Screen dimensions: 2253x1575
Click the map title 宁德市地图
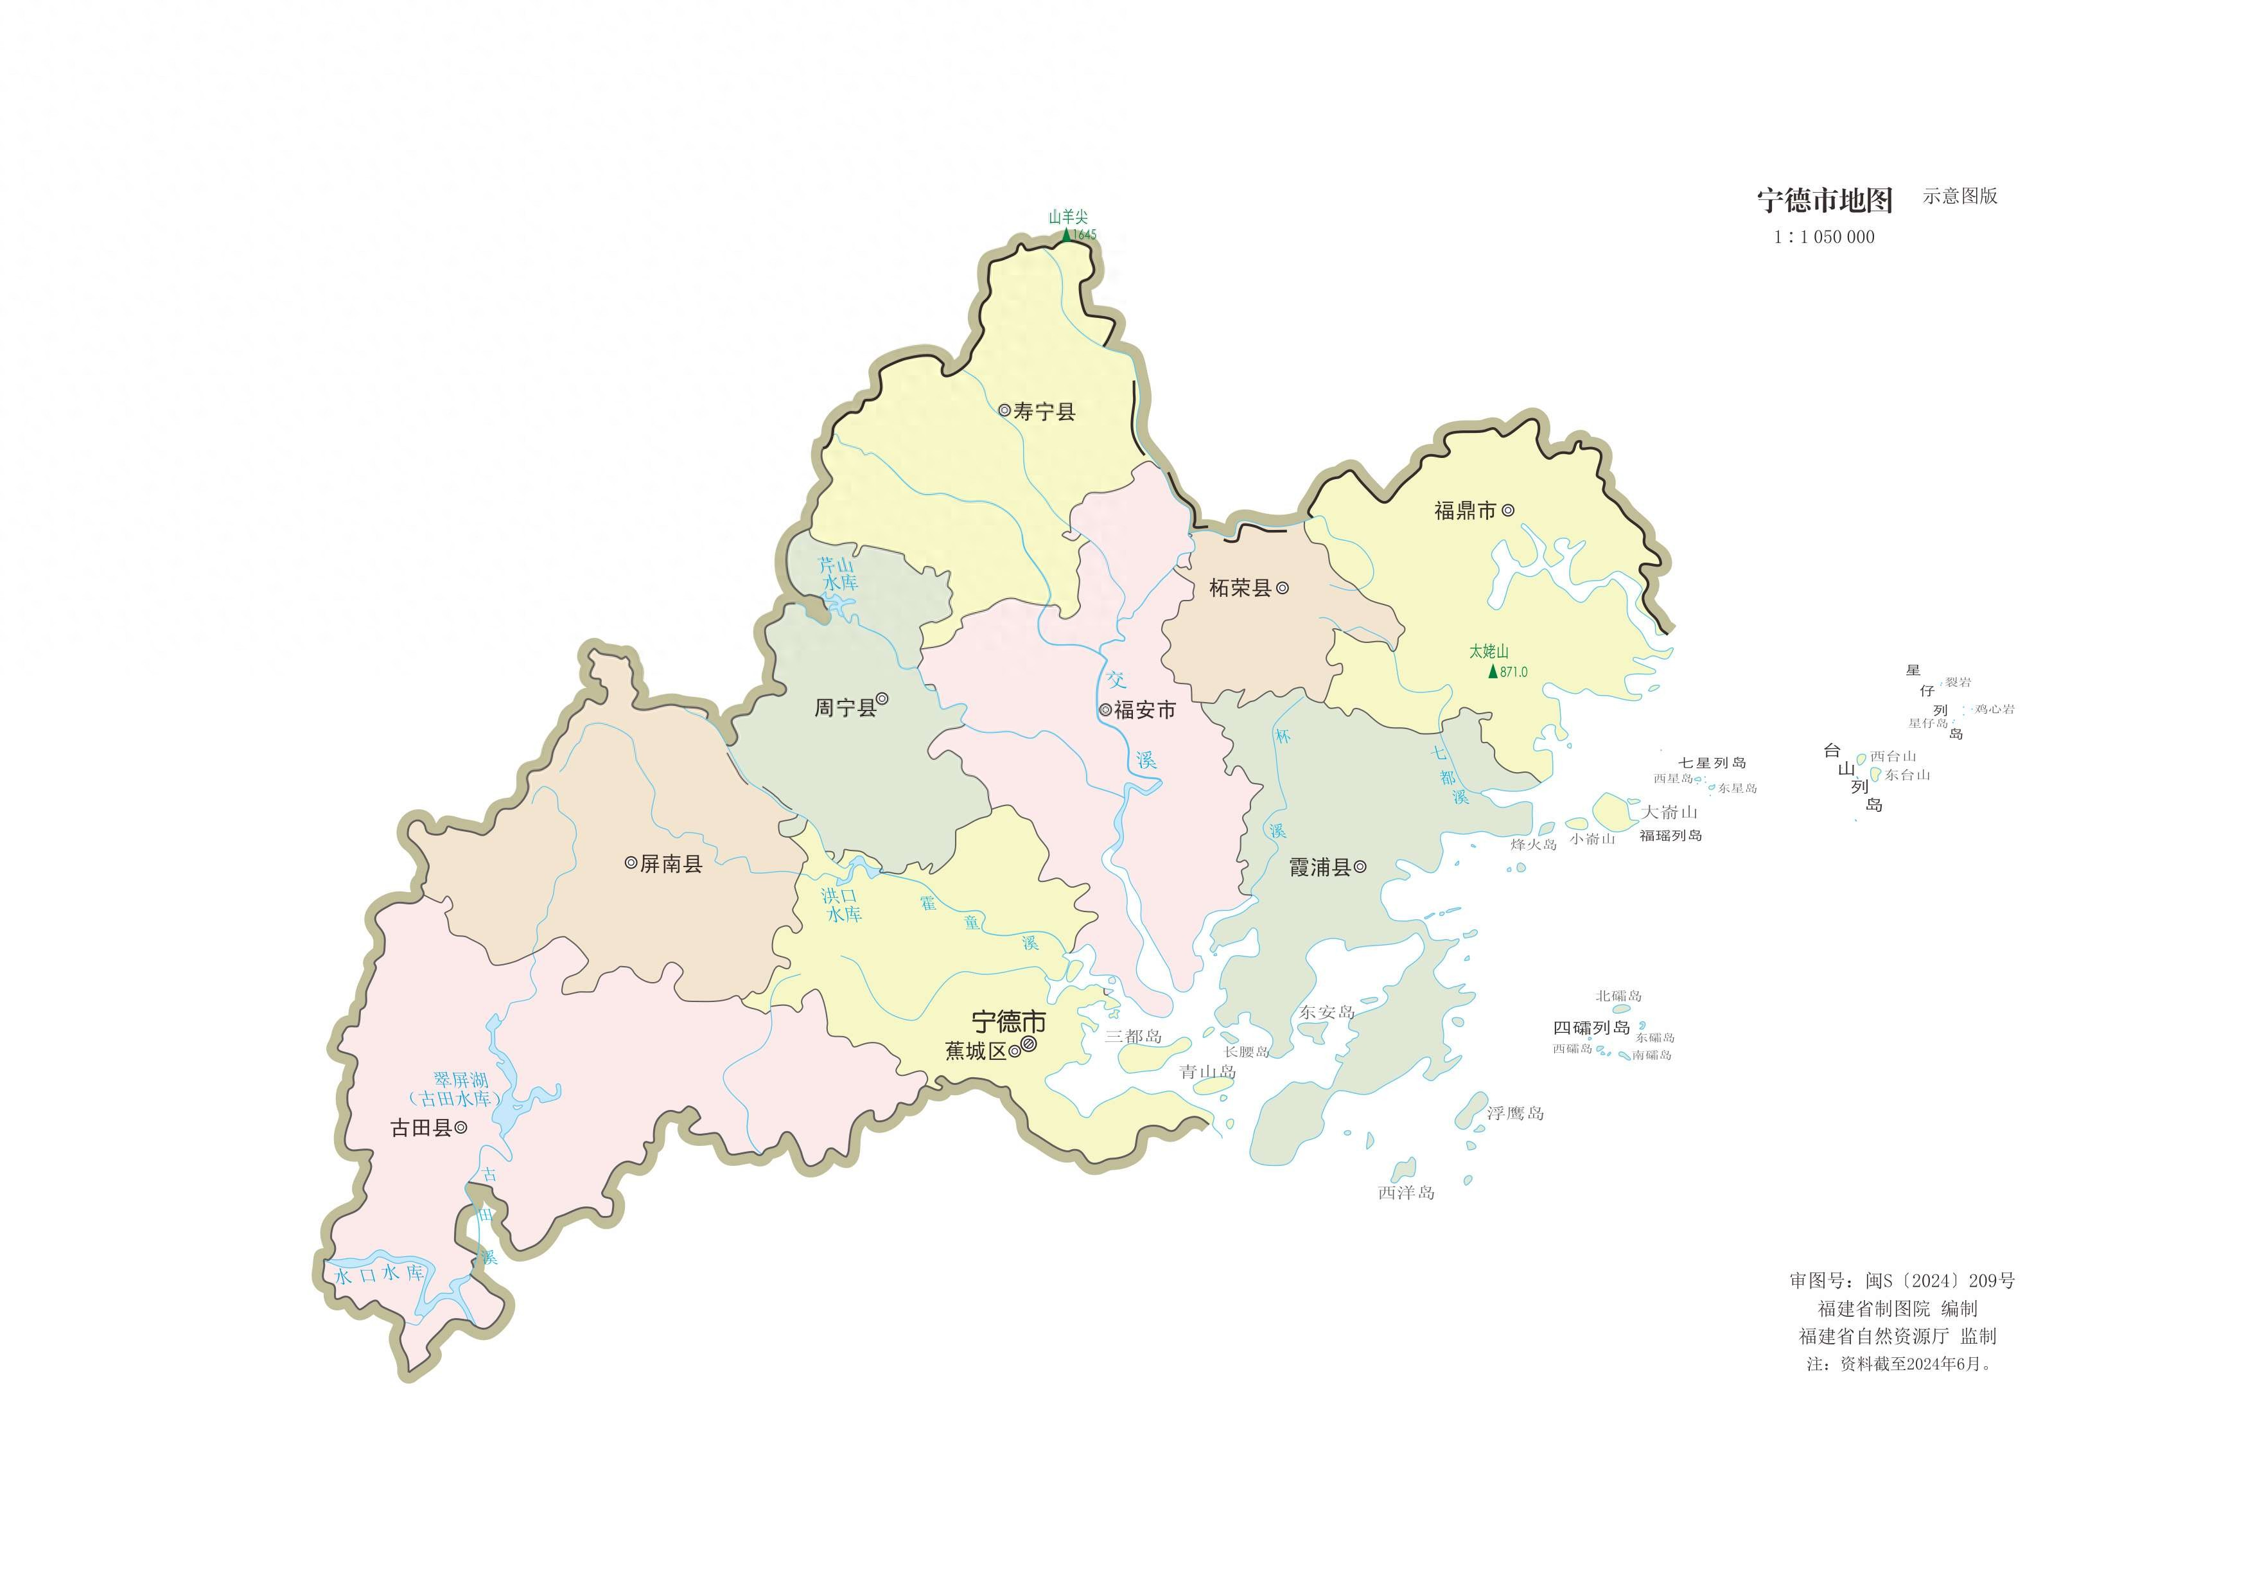coord(1824,200)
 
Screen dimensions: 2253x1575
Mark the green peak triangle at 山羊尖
coord(1067,234)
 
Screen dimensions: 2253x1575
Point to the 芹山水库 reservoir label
coord(839,574)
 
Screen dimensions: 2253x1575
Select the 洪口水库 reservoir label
coord(842,905)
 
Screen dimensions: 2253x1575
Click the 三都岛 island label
coord(1134,1036)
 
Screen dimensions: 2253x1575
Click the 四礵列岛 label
coord(1591,1028)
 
